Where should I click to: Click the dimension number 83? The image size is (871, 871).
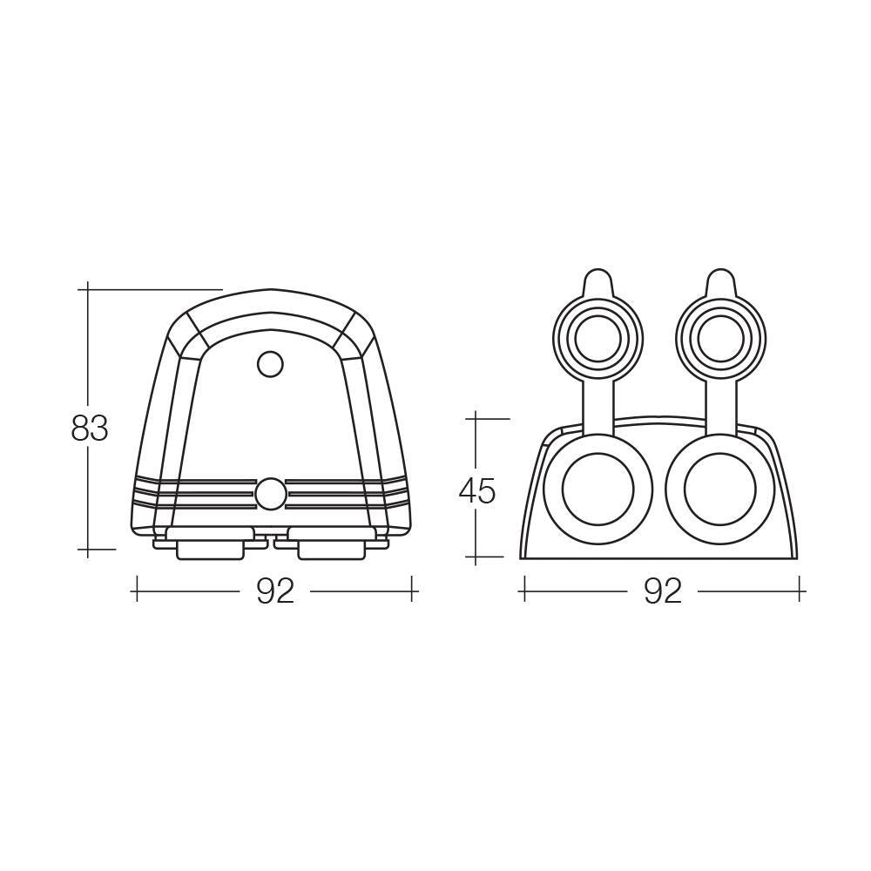(90, 429)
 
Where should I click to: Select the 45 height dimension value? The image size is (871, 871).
(476, 491)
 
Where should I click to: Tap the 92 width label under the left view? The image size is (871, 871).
(275, 591)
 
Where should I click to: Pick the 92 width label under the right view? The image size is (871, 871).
(663, 591)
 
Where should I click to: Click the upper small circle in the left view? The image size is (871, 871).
(271, 364)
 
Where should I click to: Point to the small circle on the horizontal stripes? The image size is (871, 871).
(270, 493)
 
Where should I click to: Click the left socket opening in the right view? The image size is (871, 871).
(598, 489)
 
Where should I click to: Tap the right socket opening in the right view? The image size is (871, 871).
(719, 489)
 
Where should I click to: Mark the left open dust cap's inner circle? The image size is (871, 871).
(598, 335)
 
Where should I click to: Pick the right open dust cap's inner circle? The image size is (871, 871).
(719, 335)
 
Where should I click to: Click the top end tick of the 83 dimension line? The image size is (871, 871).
(89, 288)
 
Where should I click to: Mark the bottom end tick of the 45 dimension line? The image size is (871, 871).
(476, 557)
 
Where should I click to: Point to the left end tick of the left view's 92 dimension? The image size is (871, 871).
(135, 591)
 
